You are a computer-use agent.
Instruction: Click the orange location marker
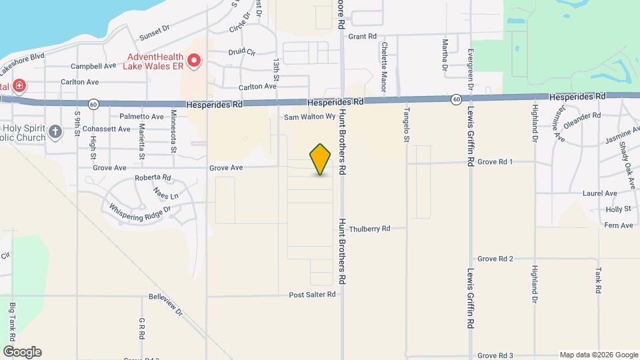(x=321, y=159)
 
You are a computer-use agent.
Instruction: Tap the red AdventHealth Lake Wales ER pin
(x=194, y=61)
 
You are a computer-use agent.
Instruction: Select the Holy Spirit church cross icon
(x=55, y=131)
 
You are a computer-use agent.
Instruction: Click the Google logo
(x=22, y=352)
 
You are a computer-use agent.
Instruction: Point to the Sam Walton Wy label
(x=309, y=117)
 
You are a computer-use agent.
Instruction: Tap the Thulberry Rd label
(x=369, y=229)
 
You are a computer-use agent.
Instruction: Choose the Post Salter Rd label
(x=312, y=295)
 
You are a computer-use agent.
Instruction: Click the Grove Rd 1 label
(x=495, y=162)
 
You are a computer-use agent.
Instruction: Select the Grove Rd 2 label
(x=495, y=259)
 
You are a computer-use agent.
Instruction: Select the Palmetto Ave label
(x=141, y=117)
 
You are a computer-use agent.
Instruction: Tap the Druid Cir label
(x=242, y=51)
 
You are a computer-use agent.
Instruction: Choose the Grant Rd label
(x=362, y=36)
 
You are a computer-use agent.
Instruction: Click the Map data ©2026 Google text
(x=597, y=355)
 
